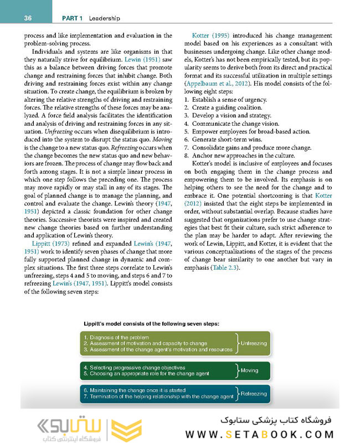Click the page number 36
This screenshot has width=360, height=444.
[x=28, y=18]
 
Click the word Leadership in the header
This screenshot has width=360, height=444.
[x=103, y=18]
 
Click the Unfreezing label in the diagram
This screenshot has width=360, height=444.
[x=253, y=343]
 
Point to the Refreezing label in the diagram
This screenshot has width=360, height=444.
[x=254, y=394]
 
